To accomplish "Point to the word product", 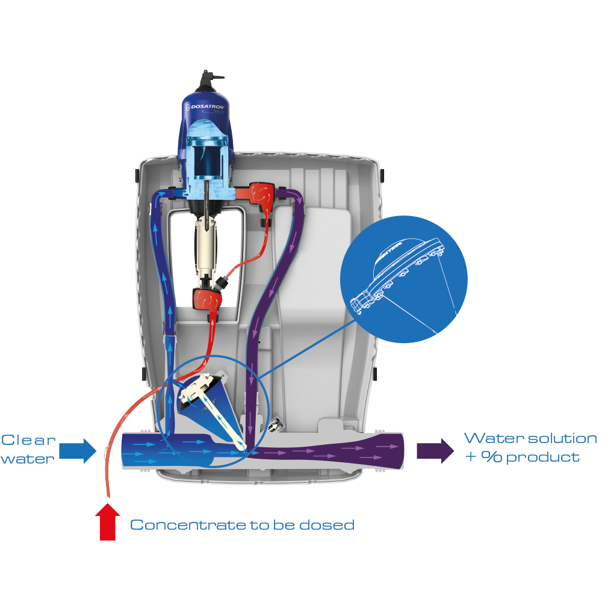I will click(543, 458).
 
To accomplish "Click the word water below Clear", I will click(27, 458).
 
